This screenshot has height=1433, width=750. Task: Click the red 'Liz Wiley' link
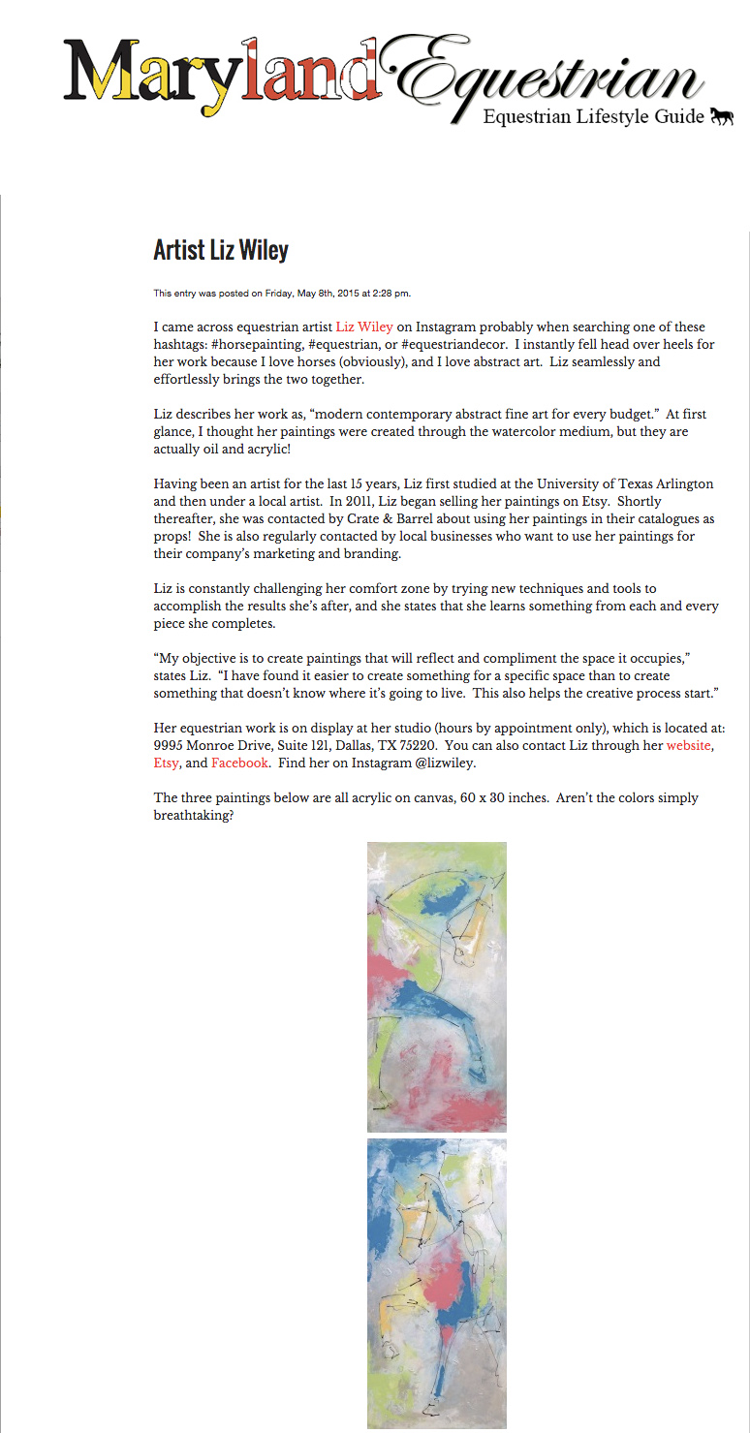point(364,327)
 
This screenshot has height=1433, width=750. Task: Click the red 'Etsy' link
point(166,763)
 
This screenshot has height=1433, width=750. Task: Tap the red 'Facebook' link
point(239,763)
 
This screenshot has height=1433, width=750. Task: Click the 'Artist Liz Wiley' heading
point(221,250)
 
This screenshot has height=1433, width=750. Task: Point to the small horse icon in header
point(721,117)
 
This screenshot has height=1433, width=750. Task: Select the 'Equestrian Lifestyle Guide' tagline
point(593,118)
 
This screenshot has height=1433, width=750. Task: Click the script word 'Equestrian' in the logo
point(552,76)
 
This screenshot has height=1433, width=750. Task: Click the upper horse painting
point(437,986)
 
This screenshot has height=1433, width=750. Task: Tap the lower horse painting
point(437,1283)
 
